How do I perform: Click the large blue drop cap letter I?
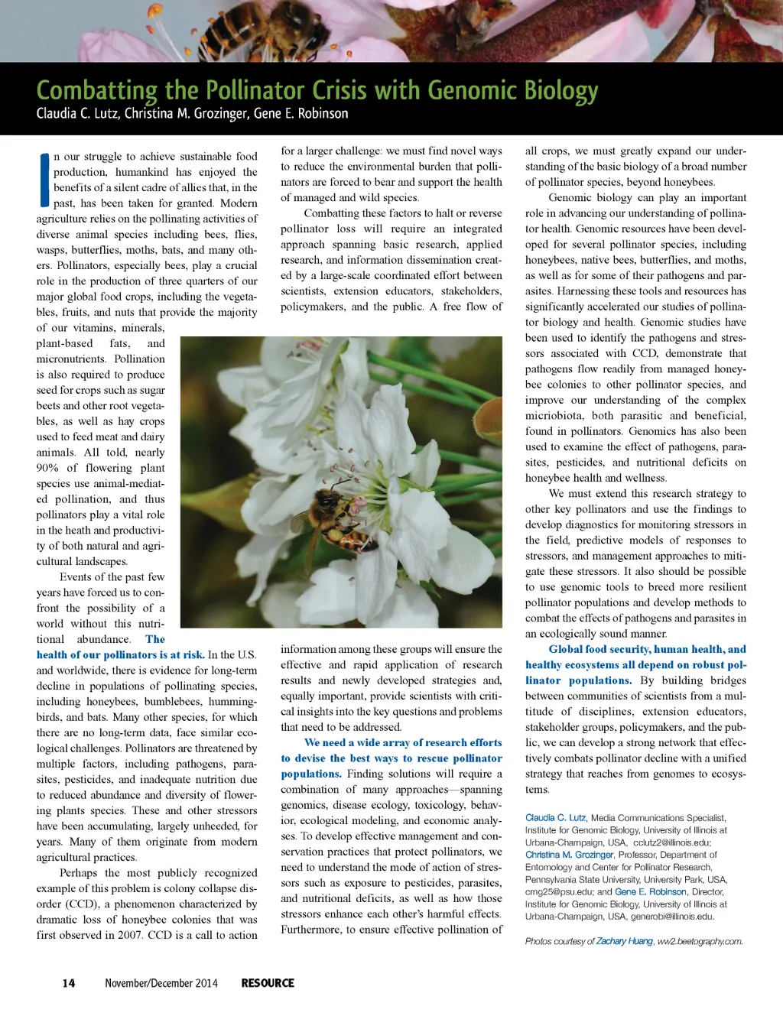(x=44, y=180)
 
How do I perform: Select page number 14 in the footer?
(x=69, y=983)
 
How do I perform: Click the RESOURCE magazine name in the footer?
(x=268, y=983)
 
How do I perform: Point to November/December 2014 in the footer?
(x=161, y=983)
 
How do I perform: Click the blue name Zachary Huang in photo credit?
(x=625, y=941)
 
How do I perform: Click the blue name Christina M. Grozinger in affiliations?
(x=570, y=855)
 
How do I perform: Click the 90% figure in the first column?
(x=47, y=468)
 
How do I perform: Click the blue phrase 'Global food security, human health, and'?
(x=647, y=649)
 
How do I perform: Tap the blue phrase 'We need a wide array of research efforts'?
(x=403, y=742)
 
